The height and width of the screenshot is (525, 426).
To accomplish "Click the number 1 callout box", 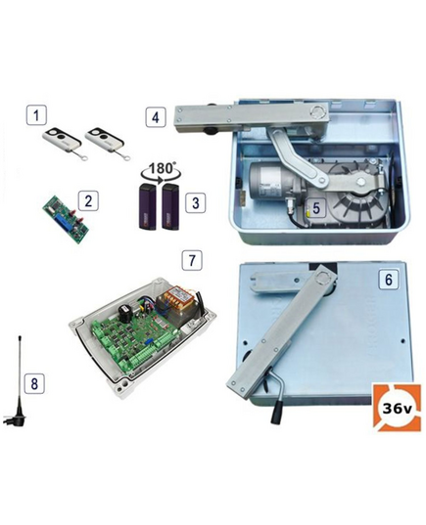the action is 36,115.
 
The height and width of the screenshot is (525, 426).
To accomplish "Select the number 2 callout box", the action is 88,200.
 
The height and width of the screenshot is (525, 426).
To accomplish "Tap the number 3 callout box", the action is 196,203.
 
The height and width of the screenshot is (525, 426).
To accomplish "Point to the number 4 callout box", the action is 156,117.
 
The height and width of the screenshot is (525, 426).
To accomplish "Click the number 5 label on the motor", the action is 316,208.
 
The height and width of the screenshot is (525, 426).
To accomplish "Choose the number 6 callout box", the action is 389,279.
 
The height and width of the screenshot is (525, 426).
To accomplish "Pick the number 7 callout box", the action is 192,260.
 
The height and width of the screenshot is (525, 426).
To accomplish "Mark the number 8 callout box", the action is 34,383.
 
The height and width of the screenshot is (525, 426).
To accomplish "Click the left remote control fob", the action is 63,142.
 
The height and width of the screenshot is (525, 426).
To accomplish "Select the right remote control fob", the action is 106,142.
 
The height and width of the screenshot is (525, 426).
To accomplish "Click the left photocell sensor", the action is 148,206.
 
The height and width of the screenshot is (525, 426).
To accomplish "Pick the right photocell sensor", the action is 170,207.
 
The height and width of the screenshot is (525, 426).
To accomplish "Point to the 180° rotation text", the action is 161,168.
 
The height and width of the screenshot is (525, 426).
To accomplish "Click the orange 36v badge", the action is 398,408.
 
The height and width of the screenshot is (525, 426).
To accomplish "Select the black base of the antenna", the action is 15,418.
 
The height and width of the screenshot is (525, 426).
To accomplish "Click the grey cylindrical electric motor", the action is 271,180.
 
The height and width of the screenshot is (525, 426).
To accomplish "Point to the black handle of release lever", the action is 277,412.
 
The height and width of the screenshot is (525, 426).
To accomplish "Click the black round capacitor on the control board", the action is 125,313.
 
